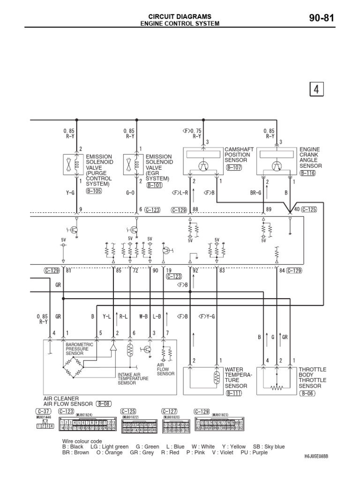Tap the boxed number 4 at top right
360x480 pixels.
pos(316,89)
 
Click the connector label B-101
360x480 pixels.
pos(155,185)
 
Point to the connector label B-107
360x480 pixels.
pos(233,167)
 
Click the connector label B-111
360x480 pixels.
pos(233,393)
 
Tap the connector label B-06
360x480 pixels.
pos(307,393)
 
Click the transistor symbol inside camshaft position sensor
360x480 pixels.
pos(203,165)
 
